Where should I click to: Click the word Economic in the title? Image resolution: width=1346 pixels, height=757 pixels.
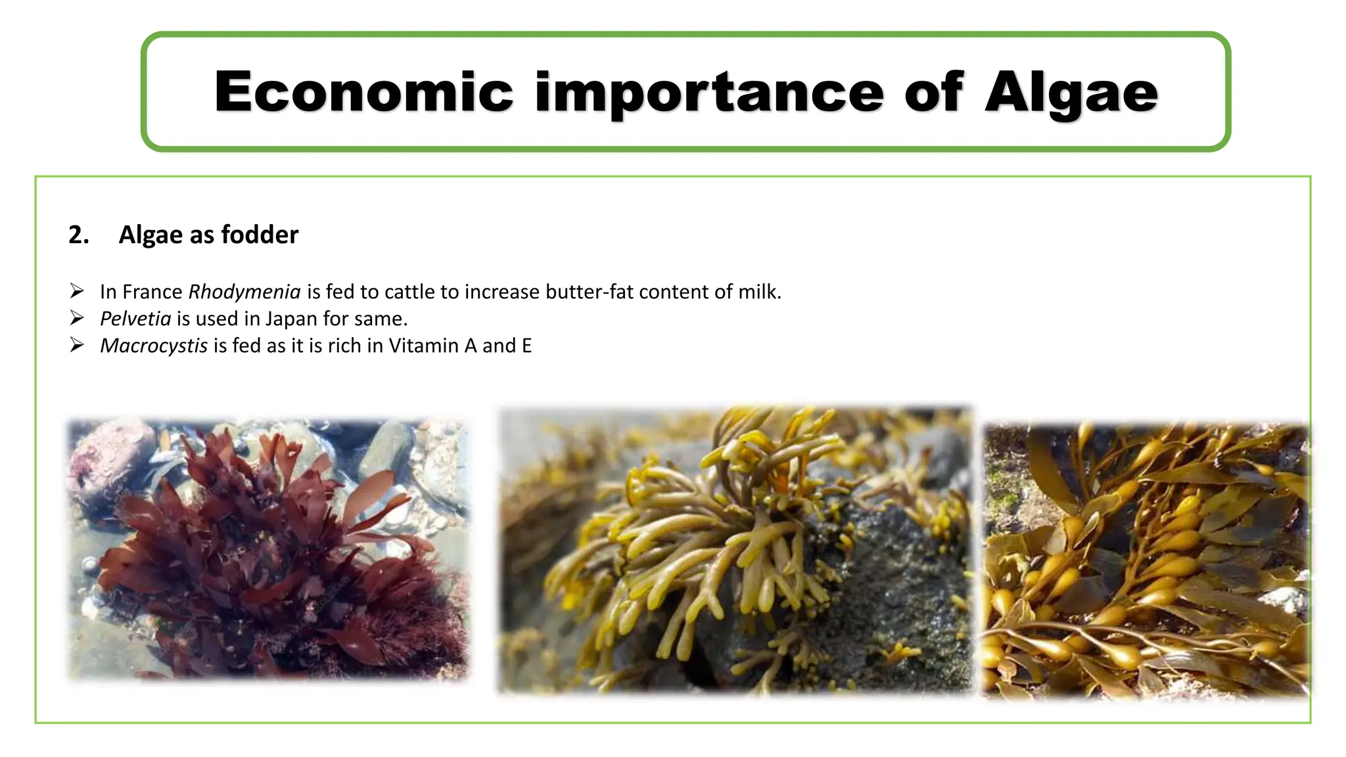coord(363,92)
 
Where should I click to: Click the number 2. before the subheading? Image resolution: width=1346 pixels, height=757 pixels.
coord(78,235)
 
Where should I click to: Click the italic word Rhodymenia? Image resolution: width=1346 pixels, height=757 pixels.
coord(244,292)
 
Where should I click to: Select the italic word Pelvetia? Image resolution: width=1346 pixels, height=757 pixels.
coord(135,319)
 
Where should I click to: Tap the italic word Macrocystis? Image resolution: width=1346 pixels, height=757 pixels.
coord(154,346)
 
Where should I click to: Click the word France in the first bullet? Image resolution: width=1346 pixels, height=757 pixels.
coord(152,292)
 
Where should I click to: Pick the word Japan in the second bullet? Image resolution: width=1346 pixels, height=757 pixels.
coord(291,319)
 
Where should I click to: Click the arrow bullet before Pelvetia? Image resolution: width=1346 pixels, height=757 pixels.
coord(77,318)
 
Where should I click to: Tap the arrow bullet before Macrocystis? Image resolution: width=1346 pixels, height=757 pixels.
coord(77,345)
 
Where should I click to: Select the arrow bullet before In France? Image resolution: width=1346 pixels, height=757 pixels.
coord(77,291)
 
